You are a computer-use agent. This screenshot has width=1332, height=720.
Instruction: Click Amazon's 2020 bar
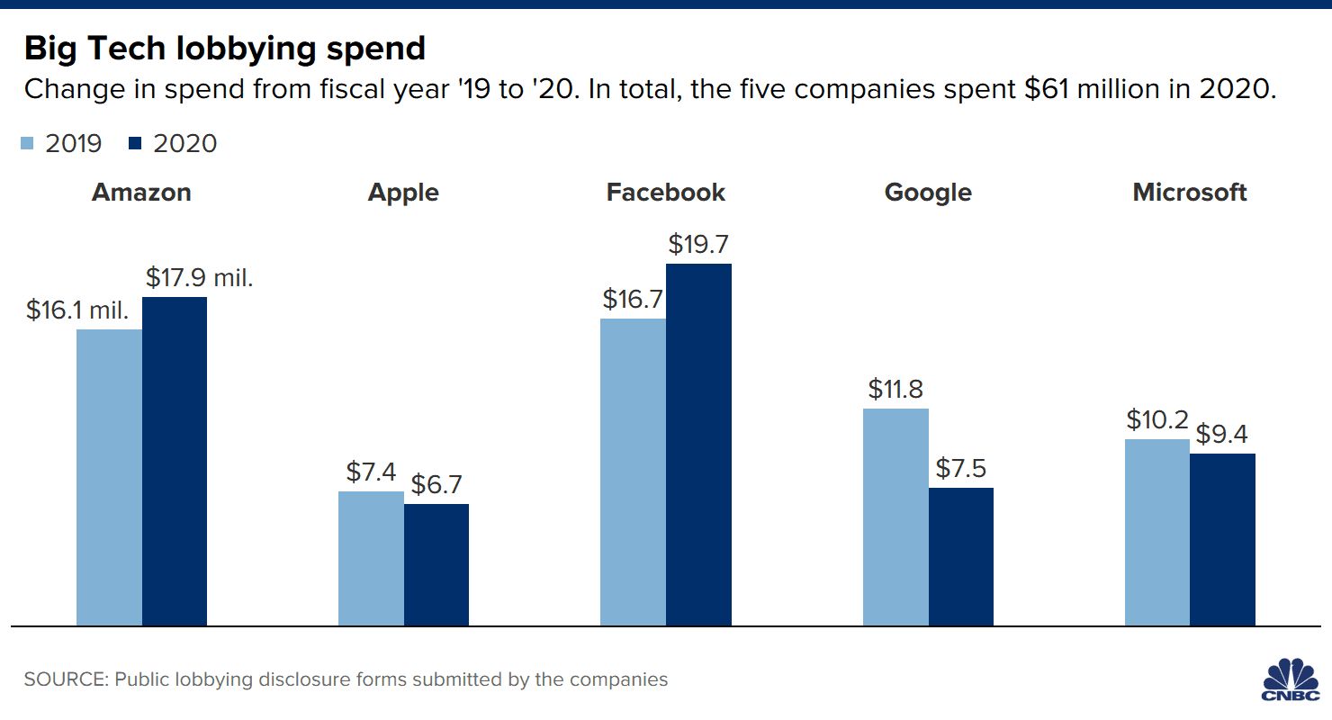coord(175,461)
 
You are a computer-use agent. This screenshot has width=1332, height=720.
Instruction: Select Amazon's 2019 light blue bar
coord(109,477)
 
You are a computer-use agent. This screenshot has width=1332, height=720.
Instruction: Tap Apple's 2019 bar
coord(371,558)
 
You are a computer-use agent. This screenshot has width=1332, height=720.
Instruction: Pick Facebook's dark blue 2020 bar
coord(698,445)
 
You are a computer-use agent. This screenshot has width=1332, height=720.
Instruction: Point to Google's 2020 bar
coord(961,556)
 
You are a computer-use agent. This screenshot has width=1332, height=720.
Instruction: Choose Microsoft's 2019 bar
coord(1157,532)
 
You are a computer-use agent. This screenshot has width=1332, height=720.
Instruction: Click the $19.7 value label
coord(699,244)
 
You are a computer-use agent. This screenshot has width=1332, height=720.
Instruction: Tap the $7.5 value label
coord(962,468)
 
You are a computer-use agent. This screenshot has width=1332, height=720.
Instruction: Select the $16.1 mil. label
coord(77,310)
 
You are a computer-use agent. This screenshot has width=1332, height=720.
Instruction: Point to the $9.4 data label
coord(1223,435)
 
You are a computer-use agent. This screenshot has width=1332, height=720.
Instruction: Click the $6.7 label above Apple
coord(437,484)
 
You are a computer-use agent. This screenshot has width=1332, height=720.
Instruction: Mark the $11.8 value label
coord(895,389)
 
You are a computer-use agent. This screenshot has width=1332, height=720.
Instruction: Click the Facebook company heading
coord(666,193)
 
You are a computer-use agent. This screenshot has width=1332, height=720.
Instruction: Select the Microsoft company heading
coord(1190,193)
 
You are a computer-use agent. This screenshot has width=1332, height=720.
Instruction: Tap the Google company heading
coord(928,193)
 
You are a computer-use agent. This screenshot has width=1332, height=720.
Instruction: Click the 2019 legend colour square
coord(27,144)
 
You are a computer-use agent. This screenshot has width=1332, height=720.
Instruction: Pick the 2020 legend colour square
coord(135,144)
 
